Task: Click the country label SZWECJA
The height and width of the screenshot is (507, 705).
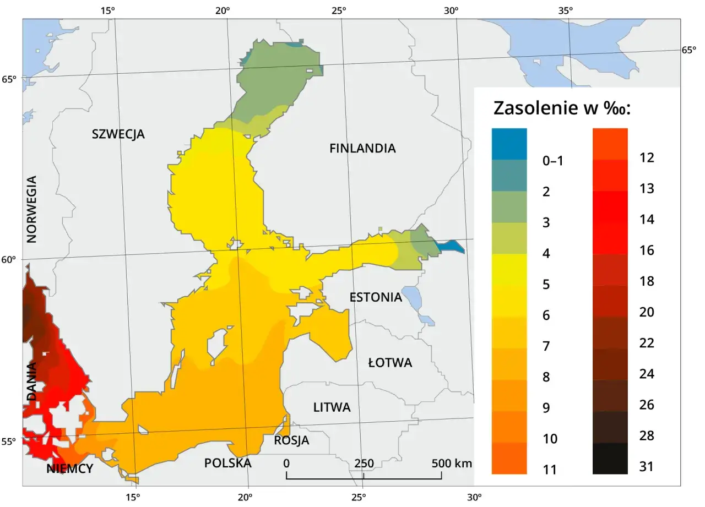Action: point(118,134)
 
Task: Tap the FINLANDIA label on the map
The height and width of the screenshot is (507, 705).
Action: point(362,148)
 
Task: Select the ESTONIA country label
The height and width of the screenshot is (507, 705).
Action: point(376,297)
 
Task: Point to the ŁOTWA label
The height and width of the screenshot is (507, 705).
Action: point(390,363)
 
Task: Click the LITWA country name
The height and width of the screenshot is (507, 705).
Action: point(332,408)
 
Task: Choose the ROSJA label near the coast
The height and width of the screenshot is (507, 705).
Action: point(291,441)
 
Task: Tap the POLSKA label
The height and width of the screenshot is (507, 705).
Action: point(227,463)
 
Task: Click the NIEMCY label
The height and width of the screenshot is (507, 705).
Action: point(70,469)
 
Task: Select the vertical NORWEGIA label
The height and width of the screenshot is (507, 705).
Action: point(32,209)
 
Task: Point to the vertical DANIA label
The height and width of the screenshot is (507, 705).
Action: point(32,381)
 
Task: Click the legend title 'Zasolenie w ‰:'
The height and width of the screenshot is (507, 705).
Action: point(562,108)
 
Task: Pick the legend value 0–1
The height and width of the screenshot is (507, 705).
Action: point(554,161)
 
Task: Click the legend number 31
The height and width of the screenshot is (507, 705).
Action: point(647,467)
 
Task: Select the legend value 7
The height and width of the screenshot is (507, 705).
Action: point(546,346)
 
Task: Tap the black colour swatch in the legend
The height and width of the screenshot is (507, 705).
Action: point(610,459)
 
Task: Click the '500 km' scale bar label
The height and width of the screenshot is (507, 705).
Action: point(452,463)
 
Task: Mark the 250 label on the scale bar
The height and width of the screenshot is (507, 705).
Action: point(364,463)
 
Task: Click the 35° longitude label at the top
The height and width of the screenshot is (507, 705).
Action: point(566,10)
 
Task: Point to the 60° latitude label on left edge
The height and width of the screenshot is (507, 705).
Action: point(10,260)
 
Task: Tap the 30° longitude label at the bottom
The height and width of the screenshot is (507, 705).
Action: point(474,497)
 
